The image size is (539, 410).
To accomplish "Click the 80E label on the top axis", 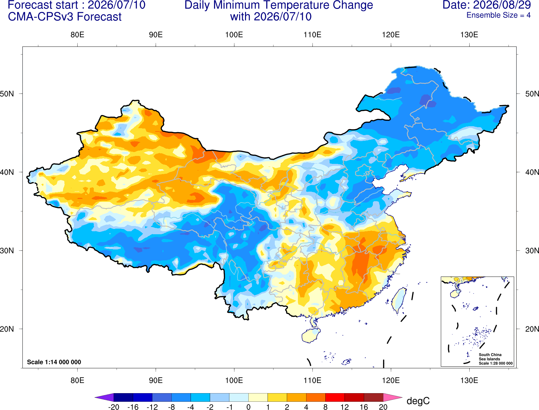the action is [x=77, y=35].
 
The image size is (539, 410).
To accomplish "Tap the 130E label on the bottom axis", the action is [x=469, y=381].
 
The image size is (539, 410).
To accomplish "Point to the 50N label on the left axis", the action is [x=7, y=93].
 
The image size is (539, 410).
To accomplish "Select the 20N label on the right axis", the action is [x=532, y=329].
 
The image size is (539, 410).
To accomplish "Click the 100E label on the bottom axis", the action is [x=234, y=381].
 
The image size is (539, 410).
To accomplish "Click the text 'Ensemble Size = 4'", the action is [x=498, y=15].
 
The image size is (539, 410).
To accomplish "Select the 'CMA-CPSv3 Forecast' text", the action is [x=65, y=17].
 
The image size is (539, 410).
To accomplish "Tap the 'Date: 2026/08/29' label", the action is [x=487, y=5].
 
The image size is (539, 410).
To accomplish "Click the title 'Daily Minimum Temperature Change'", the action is [x=279, y=5].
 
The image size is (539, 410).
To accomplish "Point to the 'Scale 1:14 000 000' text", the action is [x=54, y=362].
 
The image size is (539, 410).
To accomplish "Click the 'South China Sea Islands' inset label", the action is [x=490, y=357].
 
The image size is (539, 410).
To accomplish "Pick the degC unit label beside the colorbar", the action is [x=418, y=401].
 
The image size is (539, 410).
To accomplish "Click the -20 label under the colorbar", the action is [x=114, y=407].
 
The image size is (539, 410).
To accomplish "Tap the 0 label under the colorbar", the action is [x=248, y=407].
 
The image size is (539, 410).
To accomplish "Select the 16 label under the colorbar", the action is [x=364, y=407].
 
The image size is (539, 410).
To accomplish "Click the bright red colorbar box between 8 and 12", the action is [x=335, y=397].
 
